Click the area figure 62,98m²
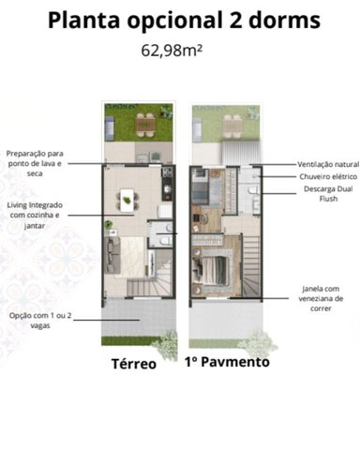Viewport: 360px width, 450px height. (172, 51)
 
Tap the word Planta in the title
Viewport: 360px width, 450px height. (84, 21)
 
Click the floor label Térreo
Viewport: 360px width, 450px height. (134, 364)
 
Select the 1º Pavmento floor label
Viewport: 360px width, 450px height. (227, 362)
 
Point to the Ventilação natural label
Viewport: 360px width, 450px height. (328, 164)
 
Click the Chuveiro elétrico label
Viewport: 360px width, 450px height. (328, 176)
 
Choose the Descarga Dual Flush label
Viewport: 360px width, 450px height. (328, 193)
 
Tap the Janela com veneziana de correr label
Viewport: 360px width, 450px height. (321, 298)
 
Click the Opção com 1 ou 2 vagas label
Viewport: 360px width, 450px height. (40, 321)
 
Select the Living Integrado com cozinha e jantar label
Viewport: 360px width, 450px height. (35, 216)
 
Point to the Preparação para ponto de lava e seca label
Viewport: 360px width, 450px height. (35, 163)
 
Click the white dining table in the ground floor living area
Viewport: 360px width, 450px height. (127, 201)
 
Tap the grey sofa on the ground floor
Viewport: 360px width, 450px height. (112, 256)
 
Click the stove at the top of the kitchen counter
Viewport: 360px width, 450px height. (167, 172)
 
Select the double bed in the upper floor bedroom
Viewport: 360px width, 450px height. (213, 270)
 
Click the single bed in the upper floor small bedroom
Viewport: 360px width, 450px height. (201, 187)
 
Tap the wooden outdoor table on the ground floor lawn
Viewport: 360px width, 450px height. (145, 125)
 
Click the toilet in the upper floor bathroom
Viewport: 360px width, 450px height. (253, 190)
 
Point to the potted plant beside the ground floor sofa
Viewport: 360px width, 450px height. (109, 224)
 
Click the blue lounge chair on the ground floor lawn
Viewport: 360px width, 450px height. (109, 127)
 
